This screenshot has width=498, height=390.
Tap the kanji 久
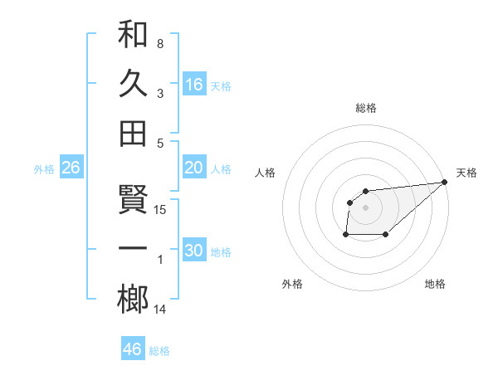pyautogui.click(x=133, y=84)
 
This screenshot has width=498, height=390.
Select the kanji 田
pyautogui.click(x=133, y=133)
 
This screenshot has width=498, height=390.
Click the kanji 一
pyautogui.click(x=133, y=249)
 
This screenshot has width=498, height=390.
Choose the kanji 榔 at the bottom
pyautogui.click(x=133, y=300)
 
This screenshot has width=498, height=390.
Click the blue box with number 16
pyautogui.click(x=194, y=84)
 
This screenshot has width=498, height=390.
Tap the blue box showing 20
pyautogui.click(x=194, y=168)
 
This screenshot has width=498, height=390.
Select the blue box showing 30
pyautogui.click(x=194, y=251)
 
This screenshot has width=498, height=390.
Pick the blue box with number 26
pyautogui.click(x=71, y=168)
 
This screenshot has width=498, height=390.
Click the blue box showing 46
pyautogui.click(x=133, y=349)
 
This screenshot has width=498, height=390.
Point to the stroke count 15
pyautogui.click(x=161, y=210)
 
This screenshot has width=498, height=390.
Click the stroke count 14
pyautogui.click(x=161, y=310)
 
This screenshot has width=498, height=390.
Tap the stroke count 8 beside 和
pyautogui.click(x=160, y=43)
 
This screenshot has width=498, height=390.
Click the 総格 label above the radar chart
pyautogui.click(x=366, y=108)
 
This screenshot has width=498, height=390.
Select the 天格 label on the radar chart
pyautogui.click(x=466, y=173)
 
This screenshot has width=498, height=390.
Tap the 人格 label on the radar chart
pyautogui.click(x=266, y=173)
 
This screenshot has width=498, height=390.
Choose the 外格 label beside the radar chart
pyautogui.click(x=292, y=284)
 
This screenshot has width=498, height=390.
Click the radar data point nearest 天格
pyautogui.click(x=444, y=182)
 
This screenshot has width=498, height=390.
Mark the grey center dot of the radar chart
pyautogui.click(x=366, y=207)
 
